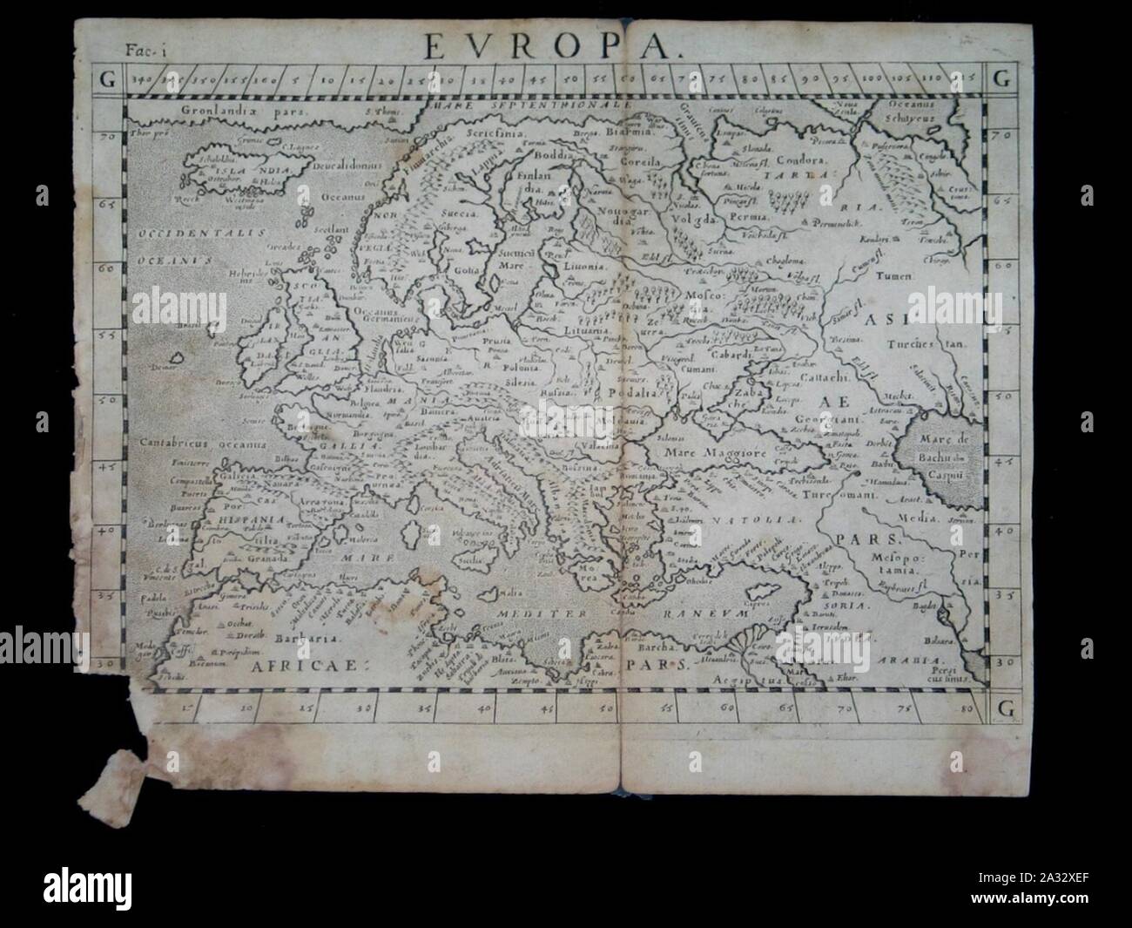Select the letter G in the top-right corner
pos(1000,79)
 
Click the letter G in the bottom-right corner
pos(1000,706)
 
